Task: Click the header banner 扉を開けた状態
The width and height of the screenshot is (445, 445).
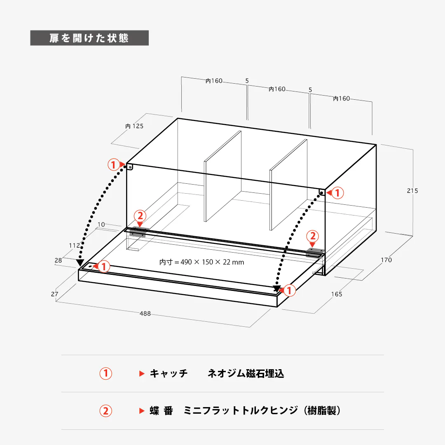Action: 89,38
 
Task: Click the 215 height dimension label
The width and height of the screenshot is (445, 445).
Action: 412,191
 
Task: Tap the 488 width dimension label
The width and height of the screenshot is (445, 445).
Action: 145,314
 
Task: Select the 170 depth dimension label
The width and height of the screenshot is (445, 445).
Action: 386,260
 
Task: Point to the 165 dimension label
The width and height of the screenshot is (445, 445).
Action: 337,294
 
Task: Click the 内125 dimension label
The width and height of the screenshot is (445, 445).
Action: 134,126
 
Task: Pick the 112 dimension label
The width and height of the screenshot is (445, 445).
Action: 74,246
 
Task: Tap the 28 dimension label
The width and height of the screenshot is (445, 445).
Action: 58,260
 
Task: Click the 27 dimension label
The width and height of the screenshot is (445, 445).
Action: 54,294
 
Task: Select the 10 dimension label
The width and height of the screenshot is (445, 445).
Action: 101,225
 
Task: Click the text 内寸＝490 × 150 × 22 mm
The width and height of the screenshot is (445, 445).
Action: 201,262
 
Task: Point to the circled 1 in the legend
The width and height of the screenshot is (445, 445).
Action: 106,373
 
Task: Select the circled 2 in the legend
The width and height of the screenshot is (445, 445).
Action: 106,411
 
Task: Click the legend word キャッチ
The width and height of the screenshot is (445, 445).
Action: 169,373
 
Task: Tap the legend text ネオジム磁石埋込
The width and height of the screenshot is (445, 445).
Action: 246,373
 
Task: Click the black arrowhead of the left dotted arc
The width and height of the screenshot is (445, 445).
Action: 80,263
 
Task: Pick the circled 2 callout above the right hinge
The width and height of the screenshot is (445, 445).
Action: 313,236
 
